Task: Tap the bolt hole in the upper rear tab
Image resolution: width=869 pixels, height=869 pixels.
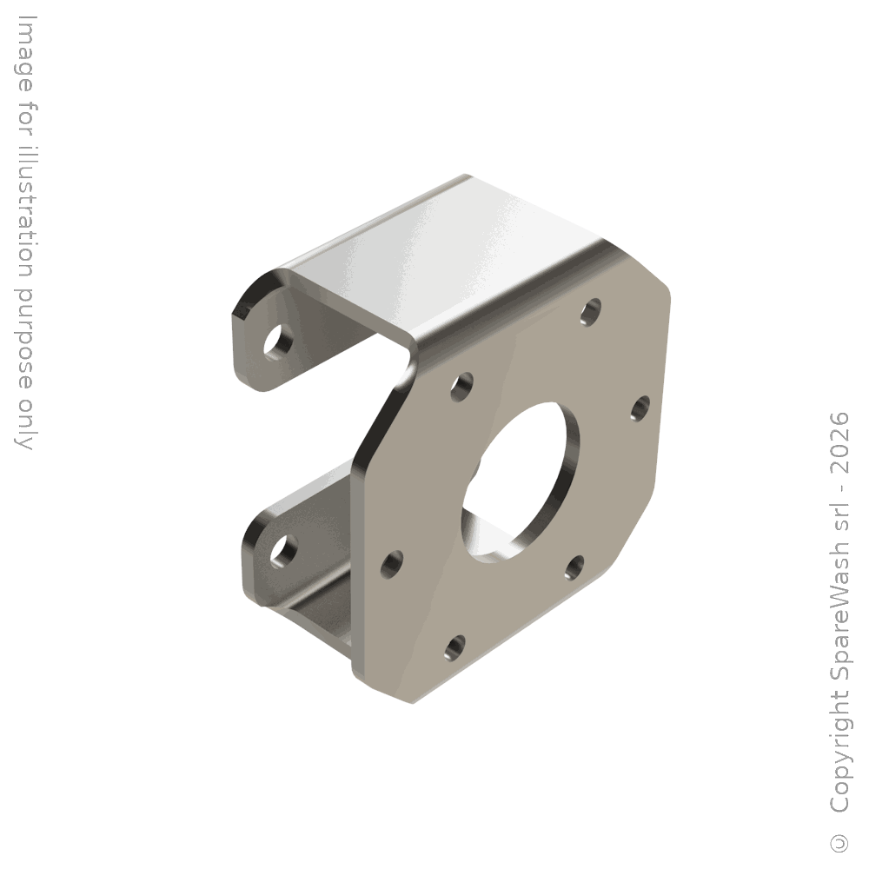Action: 278,341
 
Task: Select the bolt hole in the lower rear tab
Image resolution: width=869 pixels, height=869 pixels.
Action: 283,552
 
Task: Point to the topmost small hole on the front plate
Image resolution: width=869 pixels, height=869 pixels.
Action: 591,311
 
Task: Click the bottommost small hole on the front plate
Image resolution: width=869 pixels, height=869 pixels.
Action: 455,648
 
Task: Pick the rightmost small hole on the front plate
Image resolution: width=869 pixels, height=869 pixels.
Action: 640,408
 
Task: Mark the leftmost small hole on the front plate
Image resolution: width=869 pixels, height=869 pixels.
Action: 392,564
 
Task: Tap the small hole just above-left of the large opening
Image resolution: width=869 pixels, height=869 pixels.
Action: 461,387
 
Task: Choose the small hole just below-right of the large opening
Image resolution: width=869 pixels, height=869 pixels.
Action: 574,568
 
